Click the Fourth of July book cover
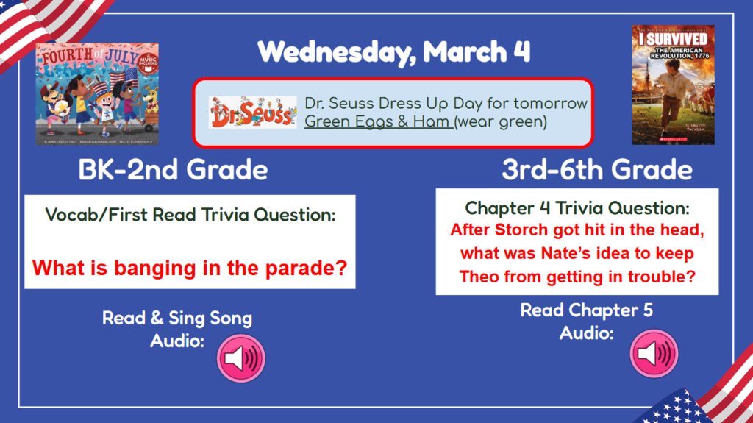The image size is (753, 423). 97,93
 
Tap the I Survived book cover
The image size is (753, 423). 673,85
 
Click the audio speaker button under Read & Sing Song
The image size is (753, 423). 240,358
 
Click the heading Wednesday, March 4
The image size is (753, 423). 394,51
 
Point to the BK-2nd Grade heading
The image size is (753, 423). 174,170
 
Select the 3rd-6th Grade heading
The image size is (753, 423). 597,170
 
